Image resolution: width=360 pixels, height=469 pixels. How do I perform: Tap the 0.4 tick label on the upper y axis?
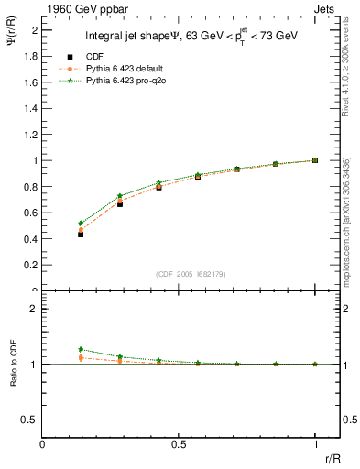point(32,239)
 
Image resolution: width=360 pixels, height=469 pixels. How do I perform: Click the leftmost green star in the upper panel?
point(81,224)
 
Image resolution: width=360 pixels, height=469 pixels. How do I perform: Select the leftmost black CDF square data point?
point(81,234)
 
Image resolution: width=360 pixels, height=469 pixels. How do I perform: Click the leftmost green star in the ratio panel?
point(81,349)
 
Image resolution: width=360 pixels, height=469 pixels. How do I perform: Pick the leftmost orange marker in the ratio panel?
point(81,358)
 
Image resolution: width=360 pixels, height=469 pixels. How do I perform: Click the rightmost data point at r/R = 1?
point(314,160)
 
